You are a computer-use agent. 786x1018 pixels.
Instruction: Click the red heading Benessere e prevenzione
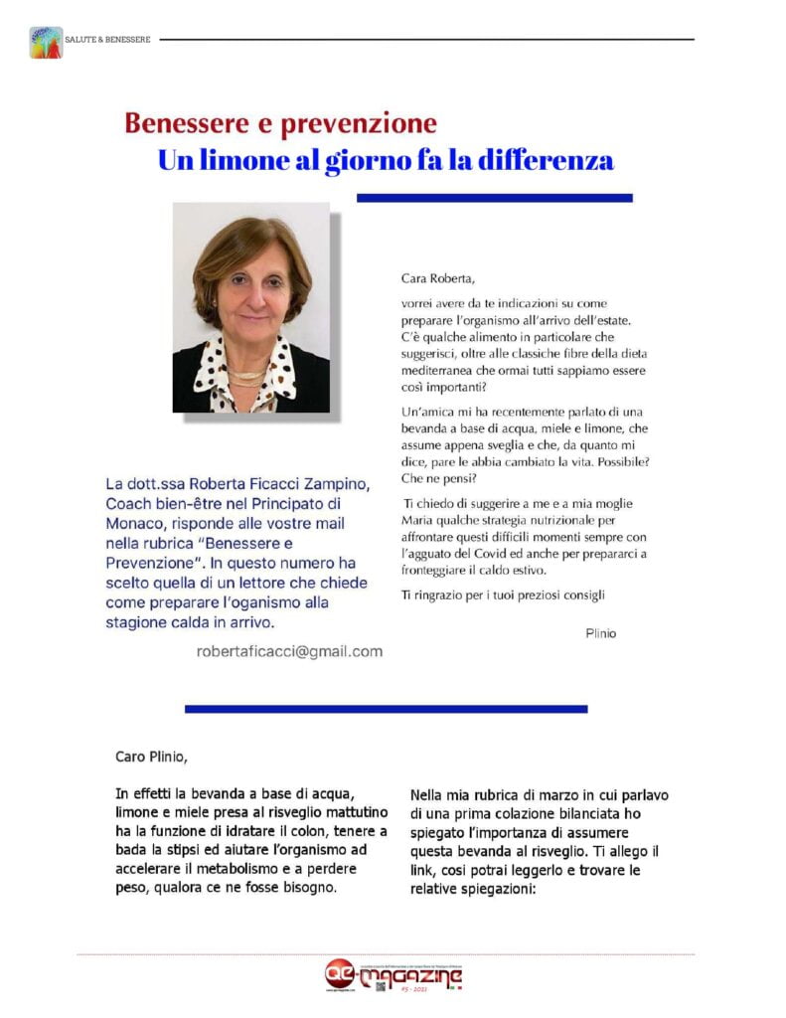coord(280,123)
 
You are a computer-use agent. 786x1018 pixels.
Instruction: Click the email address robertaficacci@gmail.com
coord(290,651)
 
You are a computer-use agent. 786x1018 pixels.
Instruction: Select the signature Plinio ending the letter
coord(601,632)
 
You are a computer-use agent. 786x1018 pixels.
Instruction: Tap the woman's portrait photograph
coord(250,307)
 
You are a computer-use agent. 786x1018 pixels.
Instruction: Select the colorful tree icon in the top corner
coord(46,42)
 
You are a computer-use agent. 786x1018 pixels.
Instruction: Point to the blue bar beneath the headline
coord(494,198)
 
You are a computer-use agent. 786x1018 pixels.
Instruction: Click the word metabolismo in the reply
coord(223,868)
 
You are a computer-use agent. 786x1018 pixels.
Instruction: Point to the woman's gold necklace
coord(248,376)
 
